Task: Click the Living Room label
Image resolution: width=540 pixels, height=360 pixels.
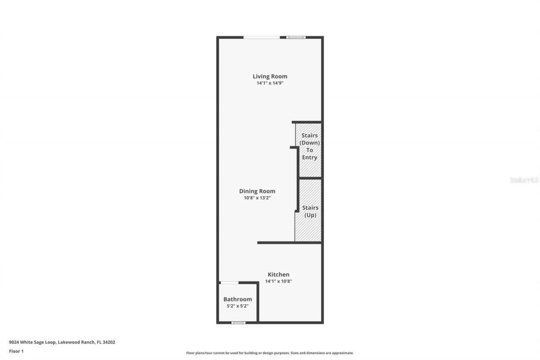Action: (270, 76)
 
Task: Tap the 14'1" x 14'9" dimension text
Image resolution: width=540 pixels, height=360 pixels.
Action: (270, 83)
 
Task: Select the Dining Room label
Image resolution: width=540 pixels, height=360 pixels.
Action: (257, 191)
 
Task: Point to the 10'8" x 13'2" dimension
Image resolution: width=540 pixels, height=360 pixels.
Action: (257, 198)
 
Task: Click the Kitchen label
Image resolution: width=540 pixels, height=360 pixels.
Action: (278, 274)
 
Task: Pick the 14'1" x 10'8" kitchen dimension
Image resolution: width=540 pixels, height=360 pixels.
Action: (278, 281)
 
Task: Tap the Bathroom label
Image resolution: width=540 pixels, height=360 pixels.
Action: (238, 299)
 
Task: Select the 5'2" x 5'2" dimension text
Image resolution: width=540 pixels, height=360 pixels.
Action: (238, 306)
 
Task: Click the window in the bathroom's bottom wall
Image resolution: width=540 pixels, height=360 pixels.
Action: (238, 323)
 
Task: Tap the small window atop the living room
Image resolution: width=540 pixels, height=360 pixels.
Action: (296, 38)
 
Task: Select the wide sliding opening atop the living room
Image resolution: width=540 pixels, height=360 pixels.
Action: (262, 38)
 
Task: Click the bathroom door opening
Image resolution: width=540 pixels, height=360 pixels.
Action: (229, 282)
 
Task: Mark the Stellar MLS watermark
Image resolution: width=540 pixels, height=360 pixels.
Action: (524, 180)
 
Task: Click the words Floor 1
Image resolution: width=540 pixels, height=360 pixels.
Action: (16, 351)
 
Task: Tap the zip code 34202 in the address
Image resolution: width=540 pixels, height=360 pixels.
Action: (109, 342)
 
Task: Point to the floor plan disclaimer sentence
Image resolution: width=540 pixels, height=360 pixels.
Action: (270, 353)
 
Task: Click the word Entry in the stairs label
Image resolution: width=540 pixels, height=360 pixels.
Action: (309, 157)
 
